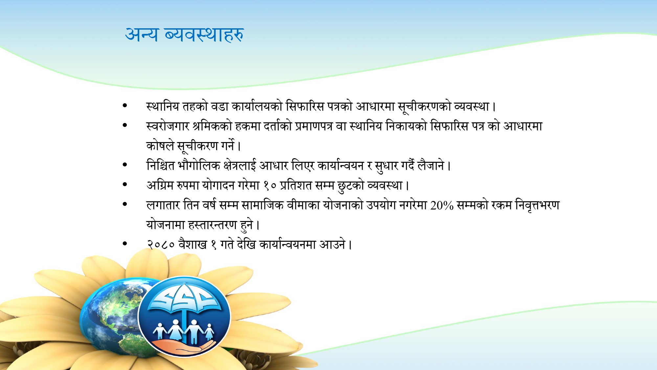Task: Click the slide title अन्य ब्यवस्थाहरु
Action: (x=184, y=35)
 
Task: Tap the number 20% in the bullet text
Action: (x=442, y=206)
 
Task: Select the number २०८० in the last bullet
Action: (x=161, y=245)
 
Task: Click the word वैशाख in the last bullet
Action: (x=193, y=245)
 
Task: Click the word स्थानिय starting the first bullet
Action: (x=163, y=107)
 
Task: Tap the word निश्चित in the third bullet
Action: (x=160, y=166)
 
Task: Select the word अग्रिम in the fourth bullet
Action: (x=160, y=186)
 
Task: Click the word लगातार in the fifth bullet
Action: (x=163, y=206)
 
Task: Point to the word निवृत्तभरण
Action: (x=537, y=206)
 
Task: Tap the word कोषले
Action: (x=160, y=146)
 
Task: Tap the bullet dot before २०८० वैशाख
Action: (x=125, y=244)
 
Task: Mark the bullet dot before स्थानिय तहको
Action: (x=125, y=106)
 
